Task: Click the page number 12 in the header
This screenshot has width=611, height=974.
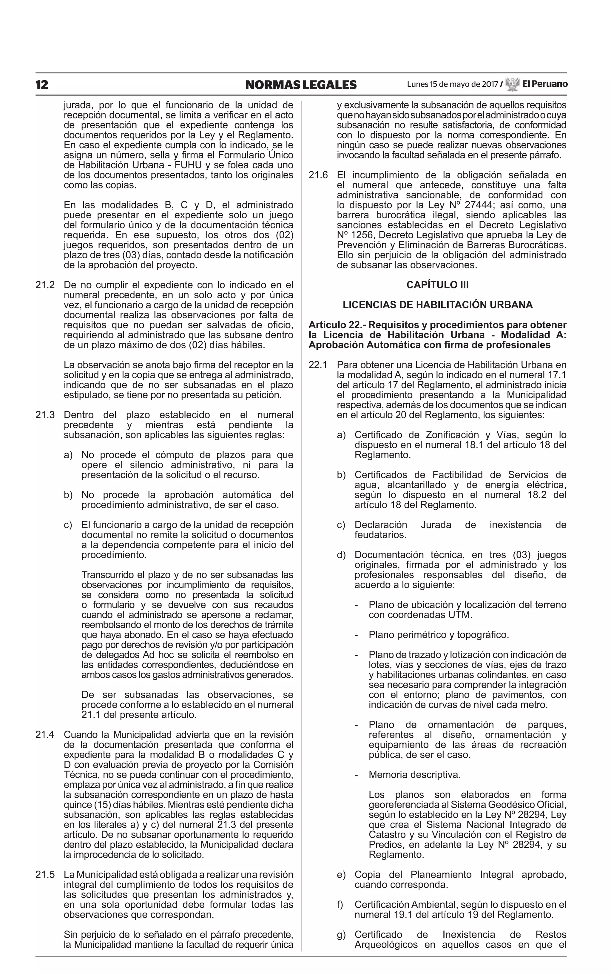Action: click(x=42, y=85)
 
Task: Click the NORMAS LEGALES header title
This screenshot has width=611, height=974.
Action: click(x=301, y=85)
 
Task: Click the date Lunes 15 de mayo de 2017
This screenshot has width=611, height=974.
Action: click(x=452, y=84)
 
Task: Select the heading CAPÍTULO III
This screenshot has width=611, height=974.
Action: click(x=438, y=285)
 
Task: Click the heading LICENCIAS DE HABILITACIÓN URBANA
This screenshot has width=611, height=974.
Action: click(x=438, y=305)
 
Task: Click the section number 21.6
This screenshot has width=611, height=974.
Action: click(x=318, y=175)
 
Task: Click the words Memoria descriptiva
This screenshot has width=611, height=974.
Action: click(x=415, y=774)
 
